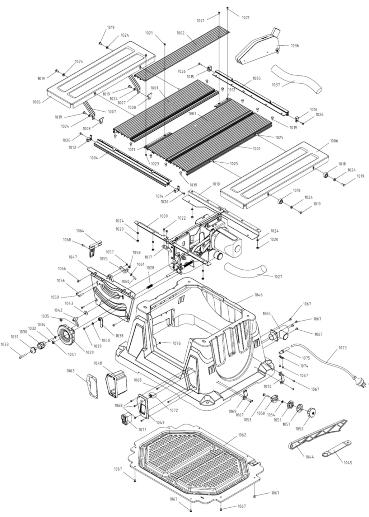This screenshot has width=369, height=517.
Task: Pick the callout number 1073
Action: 343,348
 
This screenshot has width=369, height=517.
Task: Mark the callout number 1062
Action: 242,435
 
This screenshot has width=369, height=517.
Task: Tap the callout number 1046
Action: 258,295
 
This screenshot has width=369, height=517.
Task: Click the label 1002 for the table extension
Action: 180,33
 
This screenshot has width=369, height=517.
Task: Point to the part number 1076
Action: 176,343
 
